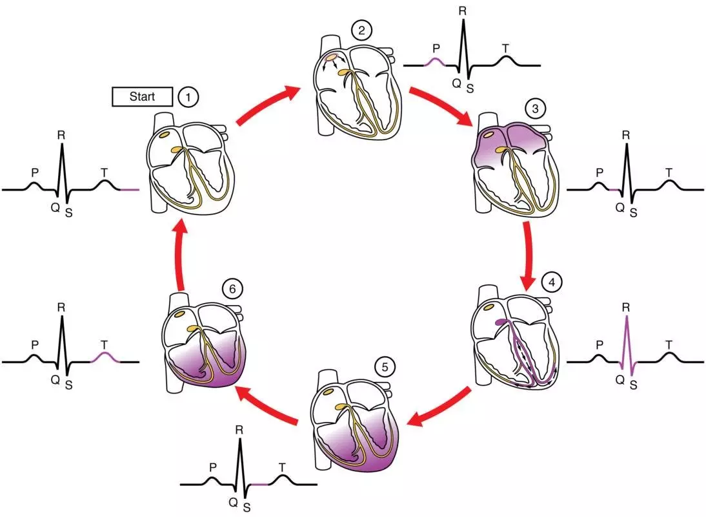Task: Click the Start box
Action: pos(143,97)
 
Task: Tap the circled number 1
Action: pos(188,98)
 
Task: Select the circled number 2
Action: pos(359,30)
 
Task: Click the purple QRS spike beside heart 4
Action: pos(627,349)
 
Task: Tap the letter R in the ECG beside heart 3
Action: pos(625,136)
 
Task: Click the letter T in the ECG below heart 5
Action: pos(281,466)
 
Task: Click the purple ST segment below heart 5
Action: pos(259,483)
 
